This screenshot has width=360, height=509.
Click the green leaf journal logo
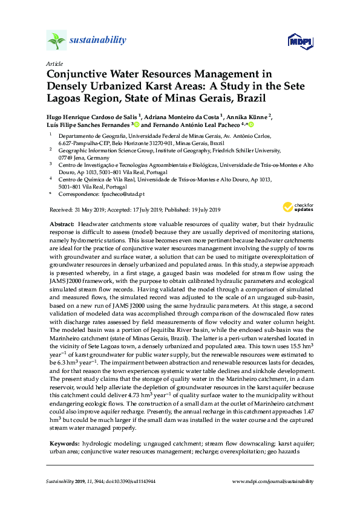click(x=56, y=41)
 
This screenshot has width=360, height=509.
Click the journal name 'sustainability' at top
click(x=99, y=41)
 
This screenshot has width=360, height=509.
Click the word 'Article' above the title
click(x=53, y=63)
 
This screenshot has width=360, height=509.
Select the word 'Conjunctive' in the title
click(x=77, y=74)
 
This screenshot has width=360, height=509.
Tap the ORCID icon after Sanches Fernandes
click(x=137, y=125)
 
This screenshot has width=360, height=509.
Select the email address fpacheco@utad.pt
click(x=123, y=193)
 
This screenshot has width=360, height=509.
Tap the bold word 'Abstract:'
click(x=62, y=224)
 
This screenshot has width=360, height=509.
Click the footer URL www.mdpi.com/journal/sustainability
click(x=273, y=481)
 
